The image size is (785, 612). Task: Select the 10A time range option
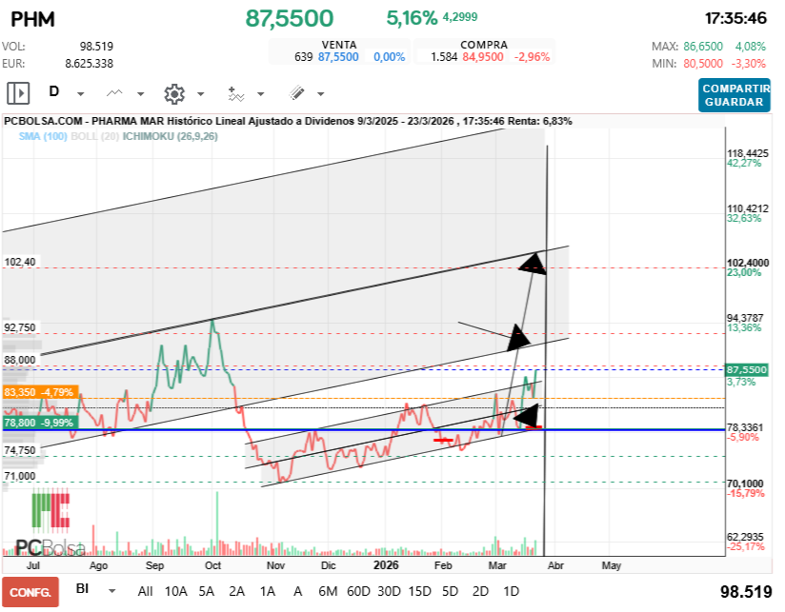pyautogui.click(x=175, y=590)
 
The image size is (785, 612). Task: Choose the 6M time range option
pyautogui.click(x=328, y=590)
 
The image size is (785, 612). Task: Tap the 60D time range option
pyautogui.click(x=358, y=590)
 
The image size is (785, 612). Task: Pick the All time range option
pyautogui.click(x=145, y=590)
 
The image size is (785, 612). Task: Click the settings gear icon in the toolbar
pyautogui.click(x=173, y=93)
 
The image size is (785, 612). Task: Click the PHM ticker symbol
pyautogui.click(x=31, y=19)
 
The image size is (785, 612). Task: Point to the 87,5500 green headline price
pyautogui.click(x=290, y=18)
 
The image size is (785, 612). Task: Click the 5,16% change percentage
pyautogui.click(x=412, y=18)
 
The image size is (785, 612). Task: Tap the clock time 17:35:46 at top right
pyautogui.click(x=735, y=18)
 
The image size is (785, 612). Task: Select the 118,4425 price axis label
pyautogui.click(x=747, y=153)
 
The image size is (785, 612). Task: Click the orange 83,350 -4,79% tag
pyautogui.click(x=40, y=391)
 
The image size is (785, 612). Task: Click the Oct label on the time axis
pyautogui.click(x=213, y=564)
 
